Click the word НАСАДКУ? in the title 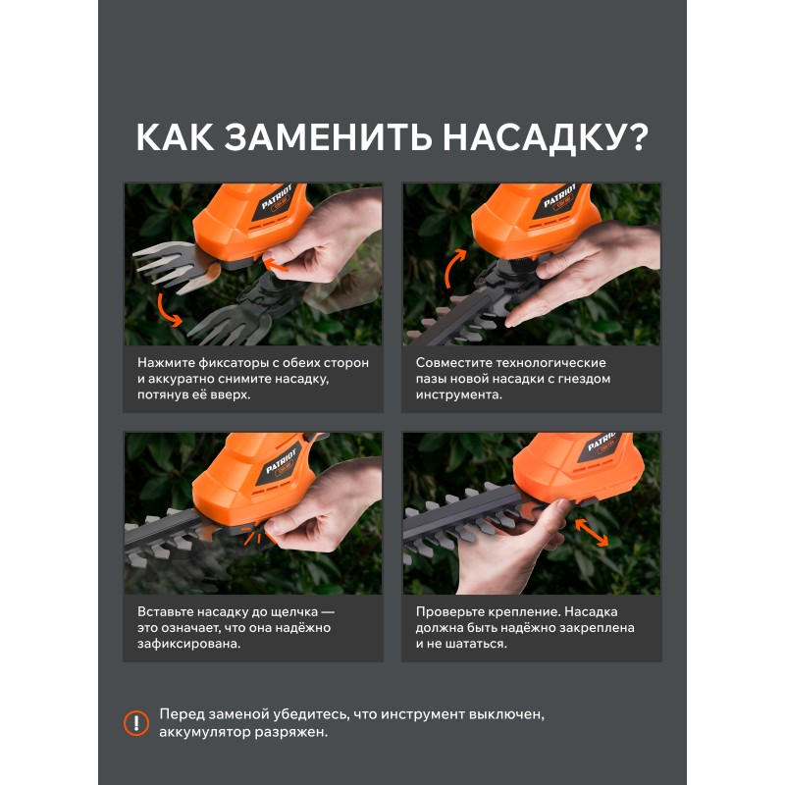point(546,137)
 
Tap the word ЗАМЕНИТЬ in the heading point(328,136)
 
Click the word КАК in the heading point(176,136)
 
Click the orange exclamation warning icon point(136,723)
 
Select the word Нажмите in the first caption point(166,362)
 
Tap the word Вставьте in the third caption point(165,611)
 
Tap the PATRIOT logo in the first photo point(276,197)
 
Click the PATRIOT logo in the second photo point(559,195)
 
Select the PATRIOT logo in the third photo point(281,460)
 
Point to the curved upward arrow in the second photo point(453,266)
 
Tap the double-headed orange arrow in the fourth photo point(592,532)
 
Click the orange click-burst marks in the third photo point(253,534)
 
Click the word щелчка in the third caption point(293,612)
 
